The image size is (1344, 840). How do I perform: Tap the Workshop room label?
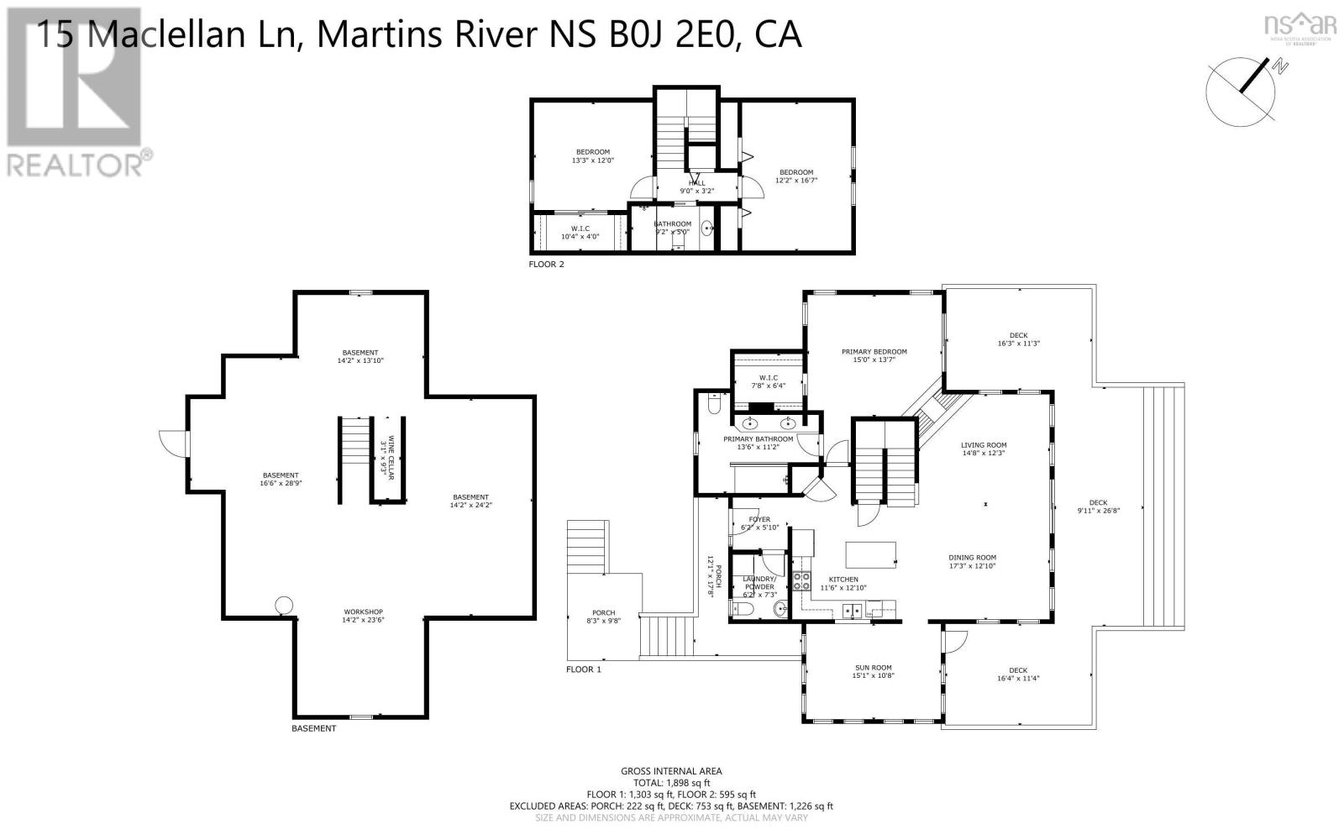tap(363, 612)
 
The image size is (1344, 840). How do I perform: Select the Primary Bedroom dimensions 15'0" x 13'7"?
tap(874, 360)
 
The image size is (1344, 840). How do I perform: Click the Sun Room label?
tap(873, 668)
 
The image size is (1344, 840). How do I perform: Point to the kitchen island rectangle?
tap(870, 555)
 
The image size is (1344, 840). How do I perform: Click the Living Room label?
tap(984, 445)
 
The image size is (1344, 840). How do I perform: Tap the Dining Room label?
tap(972, 557)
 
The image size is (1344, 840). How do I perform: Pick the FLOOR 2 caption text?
tap(546, 265)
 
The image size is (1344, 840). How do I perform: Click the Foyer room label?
tap(759, 519)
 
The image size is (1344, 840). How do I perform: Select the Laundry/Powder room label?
tap(759, 583)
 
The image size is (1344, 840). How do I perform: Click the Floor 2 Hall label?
tap(697, 183)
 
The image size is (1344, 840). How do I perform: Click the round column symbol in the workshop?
tap(284, 605)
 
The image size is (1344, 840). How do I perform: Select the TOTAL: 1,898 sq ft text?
tap(671, 782)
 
